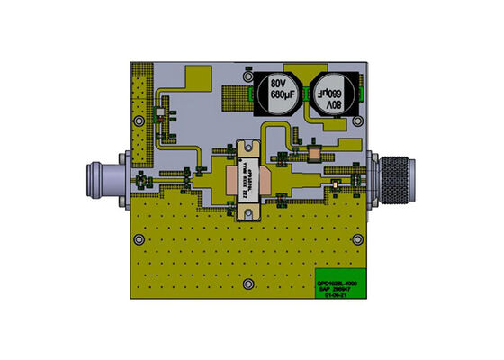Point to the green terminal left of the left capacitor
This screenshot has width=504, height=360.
(x=247, y=89)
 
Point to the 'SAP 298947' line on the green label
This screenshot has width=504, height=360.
(x=337, y=290)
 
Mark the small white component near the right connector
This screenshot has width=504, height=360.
(x=335, y=186)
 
